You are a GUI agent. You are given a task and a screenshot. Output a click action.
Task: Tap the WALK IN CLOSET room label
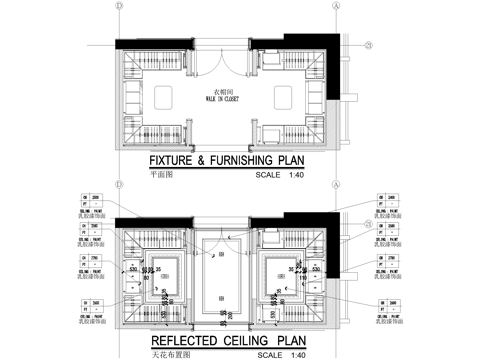pyautogui.click(x=223, y=100)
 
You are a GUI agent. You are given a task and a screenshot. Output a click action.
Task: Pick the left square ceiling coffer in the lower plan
pyautogui.click(x=162, y=275)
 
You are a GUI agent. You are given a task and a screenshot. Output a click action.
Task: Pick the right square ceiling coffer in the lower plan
pyautogui.click(x=284, y=275)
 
